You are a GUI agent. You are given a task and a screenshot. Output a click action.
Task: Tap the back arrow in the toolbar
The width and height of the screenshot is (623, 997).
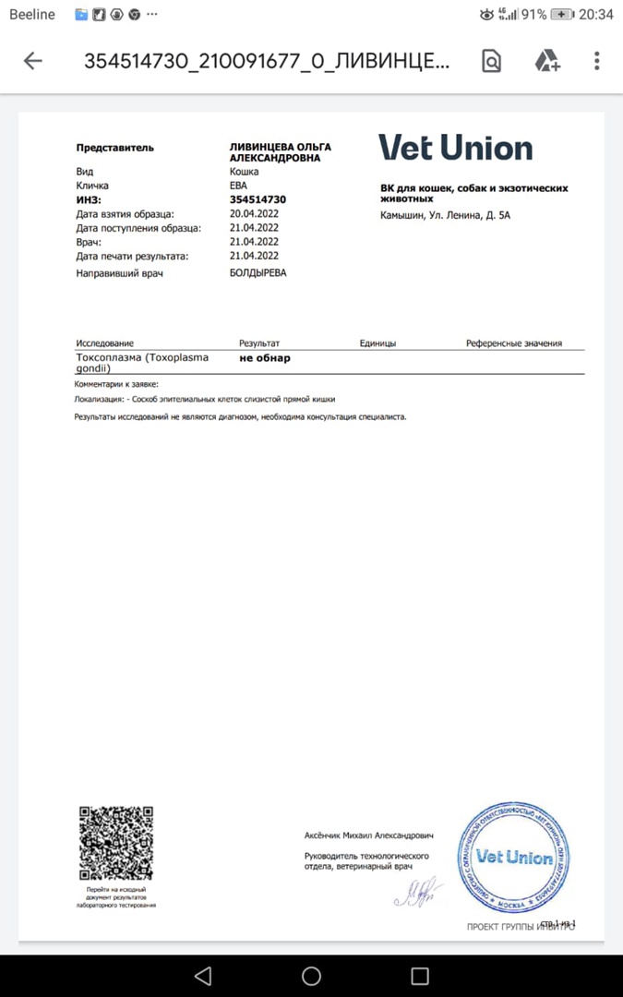(33, 61)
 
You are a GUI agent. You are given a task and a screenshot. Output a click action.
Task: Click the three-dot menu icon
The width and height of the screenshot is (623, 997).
(597, 61)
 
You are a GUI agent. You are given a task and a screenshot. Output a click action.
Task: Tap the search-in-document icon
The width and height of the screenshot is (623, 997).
(492, 61)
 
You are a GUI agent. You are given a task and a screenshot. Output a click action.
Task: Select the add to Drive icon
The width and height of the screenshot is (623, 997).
(547, 61)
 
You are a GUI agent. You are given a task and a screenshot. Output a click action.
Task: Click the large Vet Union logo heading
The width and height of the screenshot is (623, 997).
(455, 148)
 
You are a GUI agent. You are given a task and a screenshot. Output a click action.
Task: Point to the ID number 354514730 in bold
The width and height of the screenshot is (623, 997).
(258, 199)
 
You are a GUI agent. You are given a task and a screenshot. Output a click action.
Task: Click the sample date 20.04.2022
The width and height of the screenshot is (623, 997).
(254, 213)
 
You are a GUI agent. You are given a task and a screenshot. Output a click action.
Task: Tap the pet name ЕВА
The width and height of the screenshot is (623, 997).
(239, 186)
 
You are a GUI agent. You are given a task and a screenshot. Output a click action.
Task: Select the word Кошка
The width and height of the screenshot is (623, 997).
(244, 172)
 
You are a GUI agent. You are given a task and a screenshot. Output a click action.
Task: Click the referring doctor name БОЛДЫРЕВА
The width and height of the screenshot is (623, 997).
(258, 273)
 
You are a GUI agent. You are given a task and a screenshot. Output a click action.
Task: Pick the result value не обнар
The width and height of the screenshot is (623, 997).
(265, 358)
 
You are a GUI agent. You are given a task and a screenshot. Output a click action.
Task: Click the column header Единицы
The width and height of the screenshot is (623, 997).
(377, 343)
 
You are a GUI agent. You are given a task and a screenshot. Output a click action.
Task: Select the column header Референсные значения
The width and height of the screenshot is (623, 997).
(513, 343)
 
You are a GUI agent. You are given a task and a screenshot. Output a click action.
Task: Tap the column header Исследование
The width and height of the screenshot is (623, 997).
(104, 343)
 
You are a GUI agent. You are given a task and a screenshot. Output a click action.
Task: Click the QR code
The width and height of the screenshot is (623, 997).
(115, 843)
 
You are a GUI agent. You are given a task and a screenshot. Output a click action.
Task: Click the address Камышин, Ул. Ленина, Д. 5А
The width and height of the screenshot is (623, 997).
(445, 216)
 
